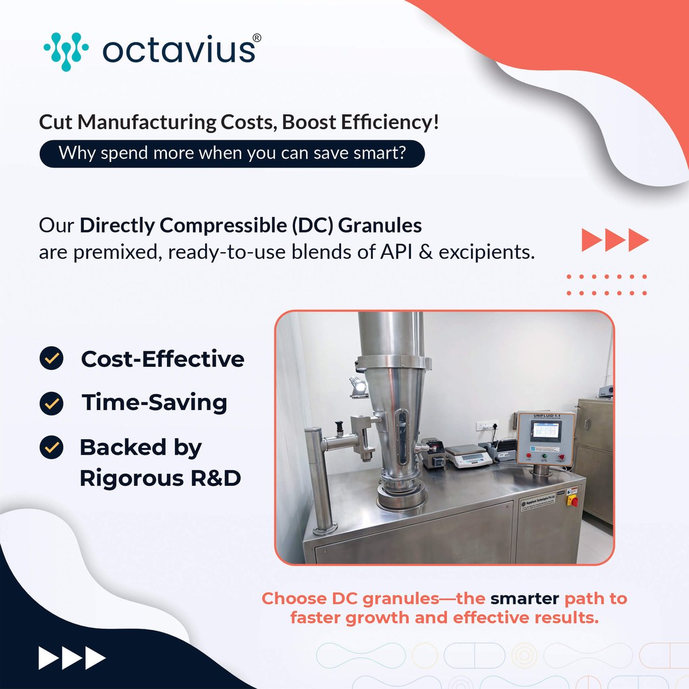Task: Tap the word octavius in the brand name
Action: (x=179, y=51)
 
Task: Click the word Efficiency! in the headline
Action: (x=390, y=122)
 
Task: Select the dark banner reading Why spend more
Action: (x=232, y=153)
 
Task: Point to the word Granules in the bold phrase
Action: (x=380, y=225)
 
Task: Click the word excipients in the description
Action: (x=486, y=251)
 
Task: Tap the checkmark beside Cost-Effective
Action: (x=52, y=359)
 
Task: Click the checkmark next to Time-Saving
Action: (x=52, y=402)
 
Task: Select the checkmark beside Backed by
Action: (x=52, y=447)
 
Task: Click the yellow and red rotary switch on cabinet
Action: (x=572, y=500)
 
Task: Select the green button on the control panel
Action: (x=543, y=458)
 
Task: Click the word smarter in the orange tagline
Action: (x=524, y=598)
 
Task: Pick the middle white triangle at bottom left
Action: (x=72, y=658)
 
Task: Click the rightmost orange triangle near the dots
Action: (x=638, y=240)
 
